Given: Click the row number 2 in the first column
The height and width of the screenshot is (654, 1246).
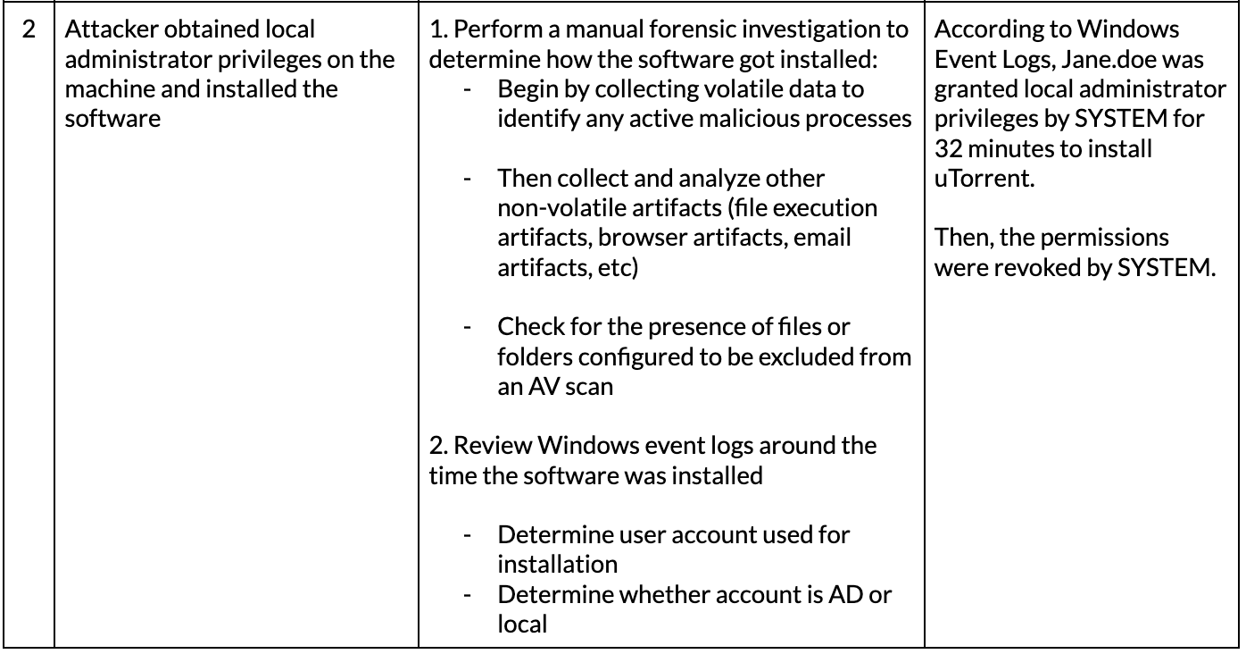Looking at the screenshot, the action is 29,29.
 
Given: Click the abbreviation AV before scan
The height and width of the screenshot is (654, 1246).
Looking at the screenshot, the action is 544,387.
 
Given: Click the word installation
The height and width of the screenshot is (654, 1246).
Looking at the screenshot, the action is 557,565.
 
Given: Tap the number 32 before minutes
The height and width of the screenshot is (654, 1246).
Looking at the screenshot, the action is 948,149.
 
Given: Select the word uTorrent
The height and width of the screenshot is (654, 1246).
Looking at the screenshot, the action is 984,179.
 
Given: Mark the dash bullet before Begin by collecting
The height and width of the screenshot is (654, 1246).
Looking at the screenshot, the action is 468,90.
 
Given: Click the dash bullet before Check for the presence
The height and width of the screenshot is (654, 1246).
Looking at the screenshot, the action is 468,327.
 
